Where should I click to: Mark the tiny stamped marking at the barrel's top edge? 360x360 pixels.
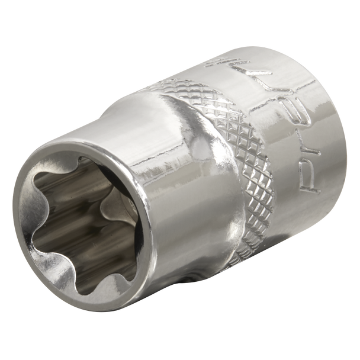tap(247, 61)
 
